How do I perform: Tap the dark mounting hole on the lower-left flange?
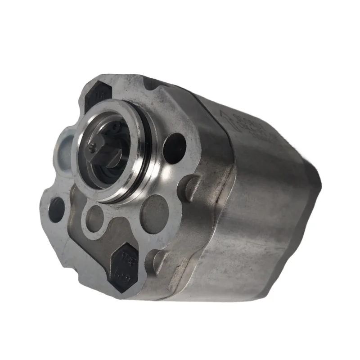tap(56, 210)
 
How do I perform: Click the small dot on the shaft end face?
tap(93, 144)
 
